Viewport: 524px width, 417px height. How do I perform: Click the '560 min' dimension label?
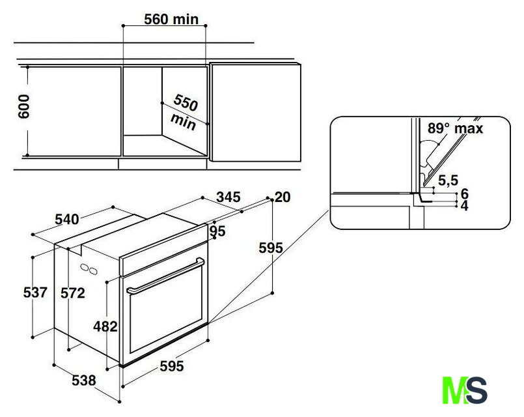click(x=171, y=19)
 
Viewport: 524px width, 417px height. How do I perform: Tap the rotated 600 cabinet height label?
click(x=23, y=106)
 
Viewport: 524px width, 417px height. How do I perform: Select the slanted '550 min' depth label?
click(x=184, y=112)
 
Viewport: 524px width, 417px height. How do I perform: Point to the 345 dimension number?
click(x=228, y=197)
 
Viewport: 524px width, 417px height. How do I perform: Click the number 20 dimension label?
click(x=283, y=197)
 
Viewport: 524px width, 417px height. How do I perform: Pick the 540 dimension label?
click(x=67, y=220)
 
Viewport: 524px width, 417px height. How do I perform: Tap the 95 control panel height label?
click(x=217, y=231)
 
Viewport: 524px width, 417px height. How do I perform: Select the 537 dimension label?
click(x=35, y=293)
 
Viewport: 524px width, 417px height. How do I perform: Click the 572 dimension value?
click(x=72, y=293)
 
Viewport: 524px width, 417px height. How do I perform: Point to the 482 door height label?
click(x=105, y=326)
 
